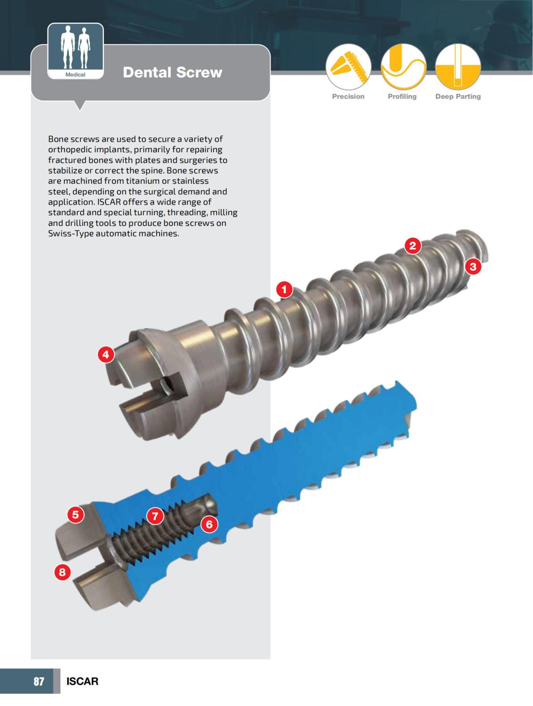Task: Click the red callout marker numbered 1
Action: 284,290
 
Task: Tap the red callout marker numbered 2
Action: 413,245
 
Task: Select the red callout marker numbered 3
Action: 473,267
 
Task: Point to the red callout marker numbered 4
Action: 106,355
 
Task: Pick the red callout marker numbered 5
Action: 76,514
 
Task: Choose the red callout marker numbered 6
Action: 209,524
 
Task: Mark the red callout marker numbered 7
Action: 155,516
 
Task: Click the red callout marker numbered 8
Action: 62,572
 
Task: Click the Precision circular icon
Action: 348,67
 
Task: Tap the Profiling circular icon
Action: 403,67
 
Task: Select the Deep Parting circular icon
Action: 458,67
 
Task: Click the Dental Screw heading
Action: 172,72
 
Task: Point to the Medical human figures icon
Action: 76,47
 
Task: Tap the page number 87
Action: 39,681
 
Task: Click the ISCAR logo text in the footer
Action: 82,681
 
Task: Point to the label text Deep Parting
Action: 458,96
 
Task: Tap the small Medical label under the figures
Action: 76,75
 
